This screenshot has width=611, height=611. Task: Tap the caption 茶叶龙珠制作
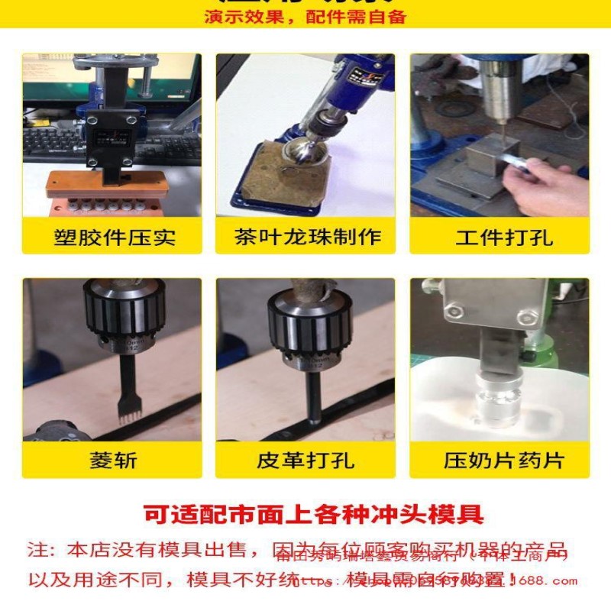click(307, 237)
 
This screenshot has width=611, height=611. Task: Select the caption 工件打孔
click(499, 237)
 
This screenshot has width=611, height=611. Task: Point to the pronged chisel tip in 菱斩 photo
click(127, 412)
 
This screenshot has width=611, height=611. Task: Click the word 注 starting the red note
click(37, 551)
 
